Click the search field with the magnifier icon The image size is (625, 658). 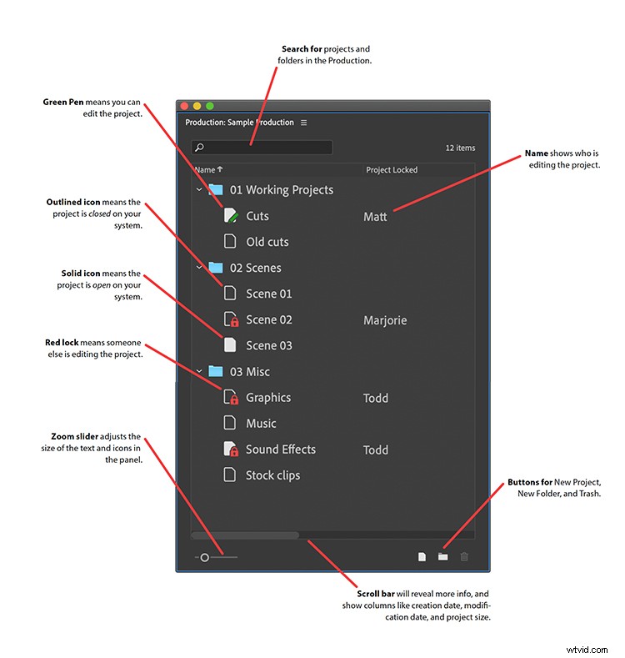[x=262, y=148]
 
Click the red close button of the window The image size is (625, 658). [x=184, y=106]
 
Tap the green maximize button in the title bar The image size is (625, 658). [x=210, y=106]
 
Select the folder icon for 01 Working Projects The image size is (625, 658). [x=217, y=190]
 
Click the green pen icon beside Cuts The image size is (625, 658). [x=232, y=216]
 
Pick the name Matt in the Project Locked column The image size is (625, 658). [x=375, y=217]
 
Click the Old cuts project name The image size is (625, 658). [x=267, y=242]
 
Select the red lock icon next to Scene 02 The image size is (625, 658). [x=234, y=323]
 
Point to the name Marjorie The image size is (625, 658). [x=386, y=320]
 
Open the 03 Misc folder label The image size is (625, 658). [x=250, y=372]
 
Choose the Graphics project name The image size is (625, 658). [x=268, y=398]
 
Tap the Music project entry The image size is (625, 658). [x=261, y=424]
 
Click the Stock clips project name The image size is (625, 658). [x=272, y=475]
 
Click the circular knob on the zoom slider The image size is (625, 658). [x=205, y=557]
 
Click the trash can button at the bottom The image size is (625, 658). [x=464, y=557]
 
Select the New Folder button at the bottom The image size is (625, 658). [x=443, y=557]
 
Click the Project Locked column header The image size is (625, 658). [x=392, y=170]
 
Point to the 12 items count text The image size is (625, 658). [x=460, y=148]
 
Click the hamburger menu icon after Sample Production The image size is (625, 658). [x=303, y=123]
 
